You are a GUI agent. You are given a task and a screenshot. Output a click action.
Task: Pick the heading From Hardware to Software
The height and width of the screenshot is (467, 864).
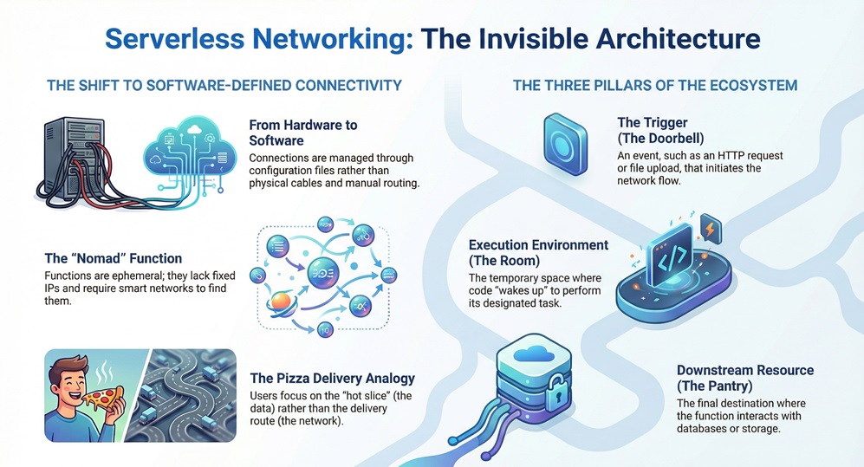pyautogui.click(x=302, y=133)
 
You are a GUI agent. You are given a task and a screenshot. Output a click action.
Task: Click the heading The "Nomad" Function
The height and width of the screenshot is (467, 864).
pyautogui.click(x=114, y=258)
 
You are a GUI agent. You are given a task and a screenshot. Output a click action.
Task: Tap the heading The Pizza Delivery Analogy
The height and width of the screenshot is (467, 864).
pyautogui.click(x=332, y=378)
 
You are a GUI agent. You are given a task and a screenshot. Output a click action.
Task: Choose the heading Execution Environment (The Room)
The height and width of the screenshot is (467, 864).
pyautogui.click(x=538, y=253)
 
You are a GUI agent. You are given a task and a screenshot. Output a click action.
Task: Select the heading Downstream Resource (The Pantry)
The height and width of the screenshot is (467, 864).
pyautogui.click(x=744, y=378)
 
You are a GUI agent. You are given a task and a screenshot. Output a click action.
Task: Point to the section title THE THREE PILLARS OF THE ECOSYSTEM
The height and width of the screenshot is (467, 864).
pyautogui.click(x=655, y=86)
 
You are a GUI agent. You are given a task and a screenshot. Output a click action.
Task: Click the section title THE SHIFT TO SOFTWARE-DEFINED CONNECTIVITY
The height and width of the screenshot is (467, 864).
pyautogui.click(x=224, y=86)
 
